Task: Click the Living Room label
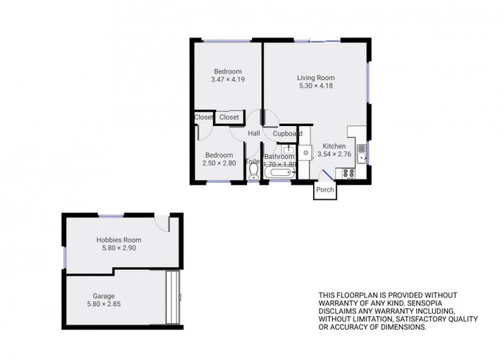click(316, 78)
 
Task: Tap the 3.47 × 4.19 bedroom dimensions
click(228, 79)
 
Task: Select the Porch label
click(325, 190)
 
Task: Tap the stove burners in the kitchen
click(348, 173)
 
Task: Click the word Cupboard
click(287, 134)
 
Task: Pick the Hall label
click(253, 134)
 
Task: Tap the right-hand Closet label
click(229, 117)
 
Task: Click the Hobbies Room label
click(119, 240)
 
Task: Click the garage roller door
click(172, 298)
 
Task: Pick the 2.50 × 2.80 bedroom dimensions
click(219, 163)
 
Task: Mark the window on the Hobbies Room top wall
click(112, 215)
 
